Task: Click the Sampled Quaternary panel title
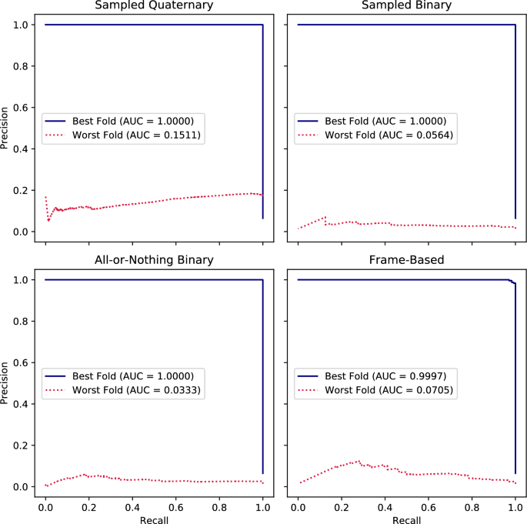click(154, 6)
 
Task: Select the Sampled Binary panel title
click(406, 6)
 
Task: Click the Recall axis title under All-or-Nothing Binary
click(154, 519)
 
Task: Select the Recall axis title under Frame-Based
click(406, 519)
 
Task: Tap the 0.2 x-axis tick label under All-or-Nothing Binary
click(89, 507)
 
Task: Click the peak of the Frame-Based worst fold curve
click(359, 461)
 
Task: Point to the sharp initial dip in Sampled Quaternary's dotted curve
click(48, 220)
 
